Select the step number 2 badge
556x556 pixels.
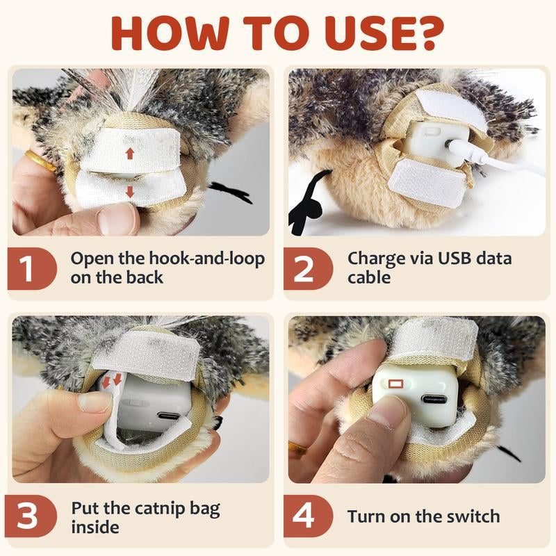[x=304, y=269]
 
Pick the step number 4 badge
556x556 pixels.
[x=304, y=518]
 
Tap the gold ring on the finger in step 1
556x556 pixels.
[x=40, y=162]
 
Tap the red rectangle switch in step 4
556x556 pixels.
[x=397, y=384]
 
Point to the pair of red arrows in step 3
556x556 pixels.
[x=112, y=381]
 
